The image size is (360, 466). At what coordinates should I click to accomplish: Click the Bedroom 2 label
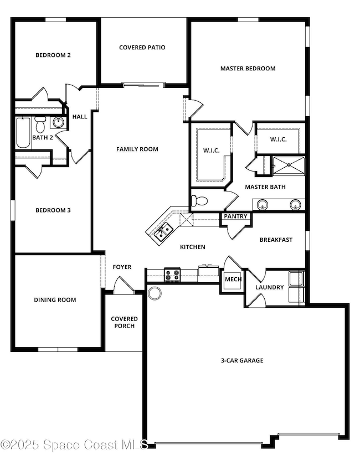(53, 55)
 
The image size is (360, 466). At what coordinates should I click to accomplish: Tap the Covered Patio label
(142, 48)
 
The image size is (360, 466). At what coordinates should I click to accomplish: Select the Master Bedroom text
(248, 69)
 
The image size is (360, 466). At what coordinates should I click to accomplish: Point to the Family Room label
(137, 149)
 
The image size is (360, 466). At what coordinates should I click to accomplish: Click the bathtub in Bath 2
(23, 133)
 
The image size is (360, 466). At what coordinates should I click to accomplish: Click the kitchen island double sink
(161, 233)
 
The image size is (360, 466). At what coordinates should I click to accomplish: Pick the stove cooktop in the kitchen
(172, 273)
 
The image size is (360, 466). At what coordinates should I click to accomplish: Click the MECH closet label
(233, 279)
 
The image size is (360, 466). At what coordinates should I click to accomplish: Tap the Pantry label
(236, 216)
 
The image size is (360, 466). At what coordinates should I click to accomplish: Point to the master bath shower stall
(288, 165)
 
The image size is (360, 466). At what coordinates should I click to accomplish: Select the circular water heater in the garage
(155, 293)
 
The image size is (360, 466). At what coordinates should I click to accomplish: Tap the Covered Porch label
(124, 322)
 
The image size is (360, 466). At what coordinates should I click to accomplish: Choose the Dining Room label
(55, 300)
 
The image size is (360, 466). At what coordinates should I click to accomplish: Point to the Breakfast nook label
(276, 240)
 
